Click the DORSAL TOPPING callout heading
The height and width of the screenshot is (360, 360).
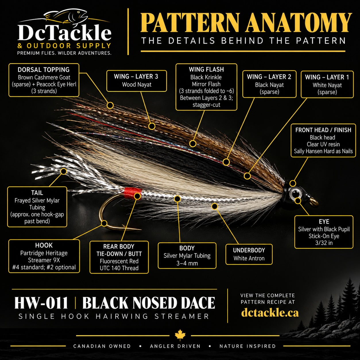pos(44,70)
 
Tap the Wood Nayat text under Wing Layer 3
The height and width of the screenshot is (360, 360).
pos(137,85)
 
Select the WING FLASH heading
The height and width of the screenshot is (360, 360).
pos(206,69)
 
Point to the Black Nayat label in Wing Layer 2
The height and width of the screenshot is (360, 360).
pos(269,85)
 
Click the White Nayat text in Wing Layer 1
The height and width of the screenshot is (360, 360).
pos(327,85)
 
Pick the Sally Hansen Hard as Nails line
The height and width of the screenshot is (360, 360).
pos(323,151)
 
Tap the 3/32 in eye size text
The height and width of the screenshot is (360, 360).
pos(324,243)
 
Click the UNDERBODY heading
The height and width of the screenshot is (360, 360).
pos(249,250)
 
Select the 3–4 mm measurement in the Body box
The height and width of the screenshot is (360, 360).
pos(187,263)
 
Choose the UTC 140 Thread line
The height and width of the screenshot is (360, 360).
pos(119,268)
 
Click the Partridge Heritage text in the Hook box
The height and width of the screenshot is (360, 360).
pos(44,253)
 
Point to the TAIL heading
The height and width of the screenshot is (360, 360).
pos(37,193)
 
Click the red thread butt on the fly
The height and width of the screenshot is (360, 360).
pos(133,193)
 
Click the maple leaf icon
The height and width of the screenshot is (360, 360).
pos(180,335)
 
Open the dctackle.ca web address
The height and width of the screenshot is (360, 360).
pos(270,313)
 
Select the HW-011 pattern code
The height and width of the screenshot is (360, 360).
pos(41,303)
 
